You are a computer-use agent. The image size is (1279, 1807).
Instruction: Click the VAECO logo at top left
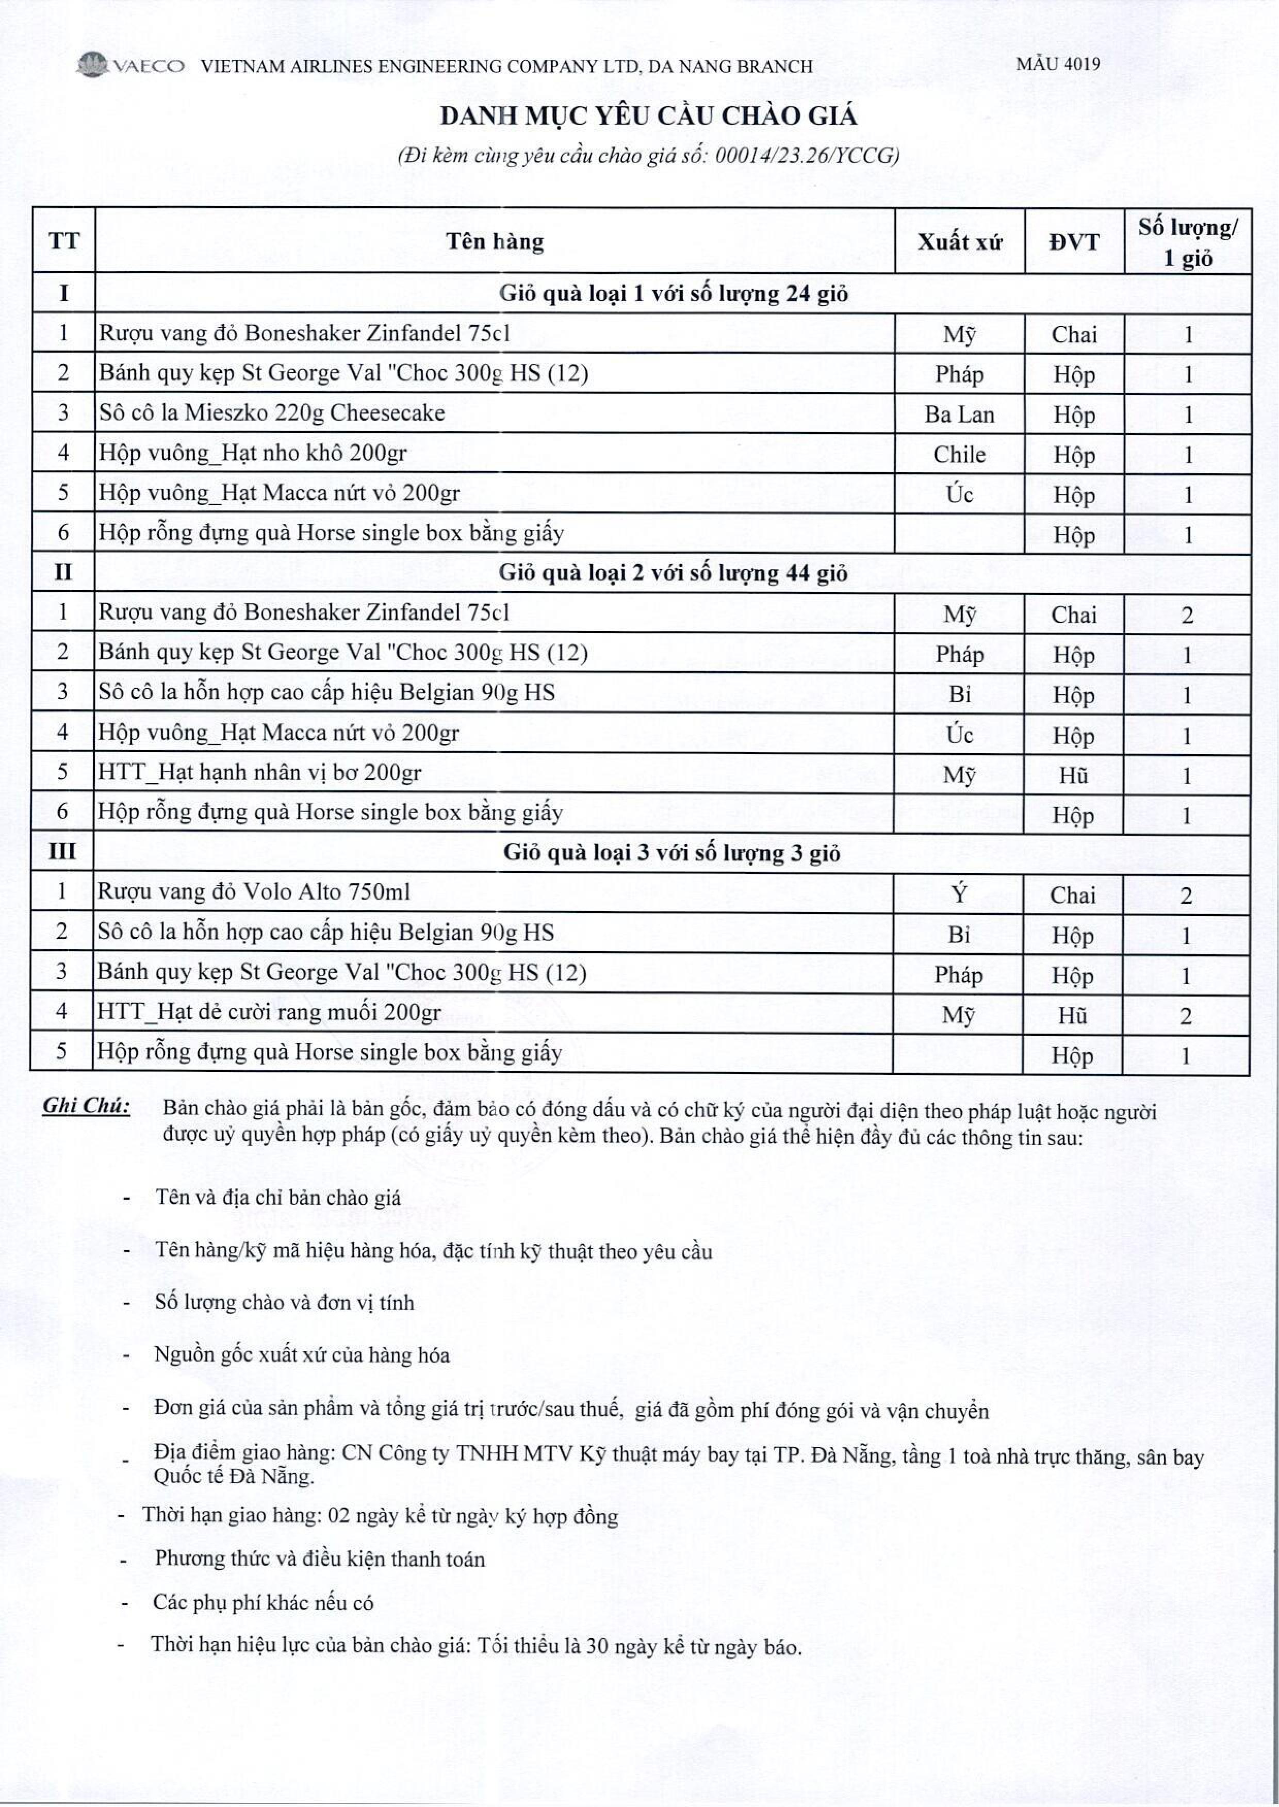[x=130, y=65]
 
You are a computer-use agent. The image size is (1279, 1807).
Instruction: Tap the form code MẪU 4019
[x=1058, y=64]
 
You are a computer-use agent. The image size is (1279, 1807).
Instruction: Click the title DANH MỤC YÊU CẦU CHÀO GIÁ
[x=647, y=117]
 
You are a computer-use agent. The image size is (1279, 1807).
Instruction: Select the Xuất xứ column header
[x=959, y=242]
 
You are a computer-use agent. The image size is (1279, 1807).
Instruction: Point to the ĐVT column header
[x=1073, y=242]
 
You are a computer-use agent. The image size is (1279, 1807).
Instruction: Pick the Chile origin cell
[x=959, y=454]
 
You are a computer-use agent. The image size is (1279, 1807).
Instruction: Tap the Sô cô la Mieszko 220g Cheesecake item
[x=272, y=413]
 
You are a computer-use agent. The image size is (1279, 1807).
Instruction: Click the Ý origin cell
[x=958, y=893]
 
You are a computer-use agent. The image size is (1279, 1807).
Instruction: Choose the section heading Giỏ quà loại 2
[x=674, y=573]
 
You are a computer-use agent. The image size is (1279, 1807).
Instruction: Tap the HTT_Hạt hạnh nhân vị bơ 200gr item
[x=259, y=772]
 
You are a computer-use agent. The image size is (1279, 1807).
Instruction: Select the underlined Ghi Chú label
[x=87, y=1105]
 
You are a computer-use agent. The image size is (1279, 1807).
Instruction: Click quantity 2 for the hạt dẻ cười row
[x=1185, y=1016]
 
